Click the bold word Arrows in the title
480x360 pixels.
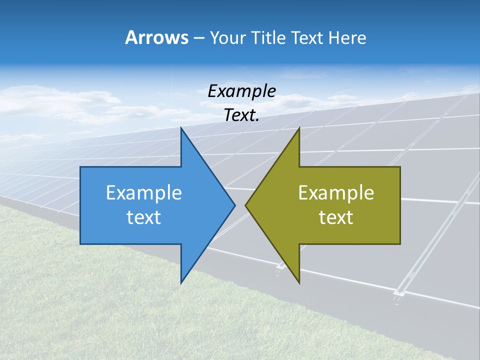pos(156,37)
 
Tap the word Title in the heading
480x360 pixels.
pos(268,37)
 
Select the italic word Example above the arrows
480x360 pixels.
pos(242,91)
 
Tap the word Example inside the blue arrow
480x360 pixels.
pos(144,192)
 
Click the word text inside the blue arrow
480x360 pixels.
pos(144,217)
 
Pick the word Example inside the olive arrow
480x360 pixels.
pos(336,192)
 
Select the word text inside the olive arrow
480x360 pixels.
pos(336,217)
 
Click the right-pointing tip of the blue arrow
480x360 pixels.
pos(234,205)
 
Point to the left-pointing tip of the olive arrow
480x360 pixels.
pos(246,205)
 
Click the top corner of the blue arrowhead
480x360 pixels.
pos(181,128)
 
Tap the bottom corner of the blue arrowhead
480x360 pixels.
pos(181,282)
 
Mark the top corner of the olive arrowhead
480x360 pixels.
pos(299,128)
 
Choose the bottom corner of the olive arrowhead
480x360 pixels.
pos(299,282)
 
